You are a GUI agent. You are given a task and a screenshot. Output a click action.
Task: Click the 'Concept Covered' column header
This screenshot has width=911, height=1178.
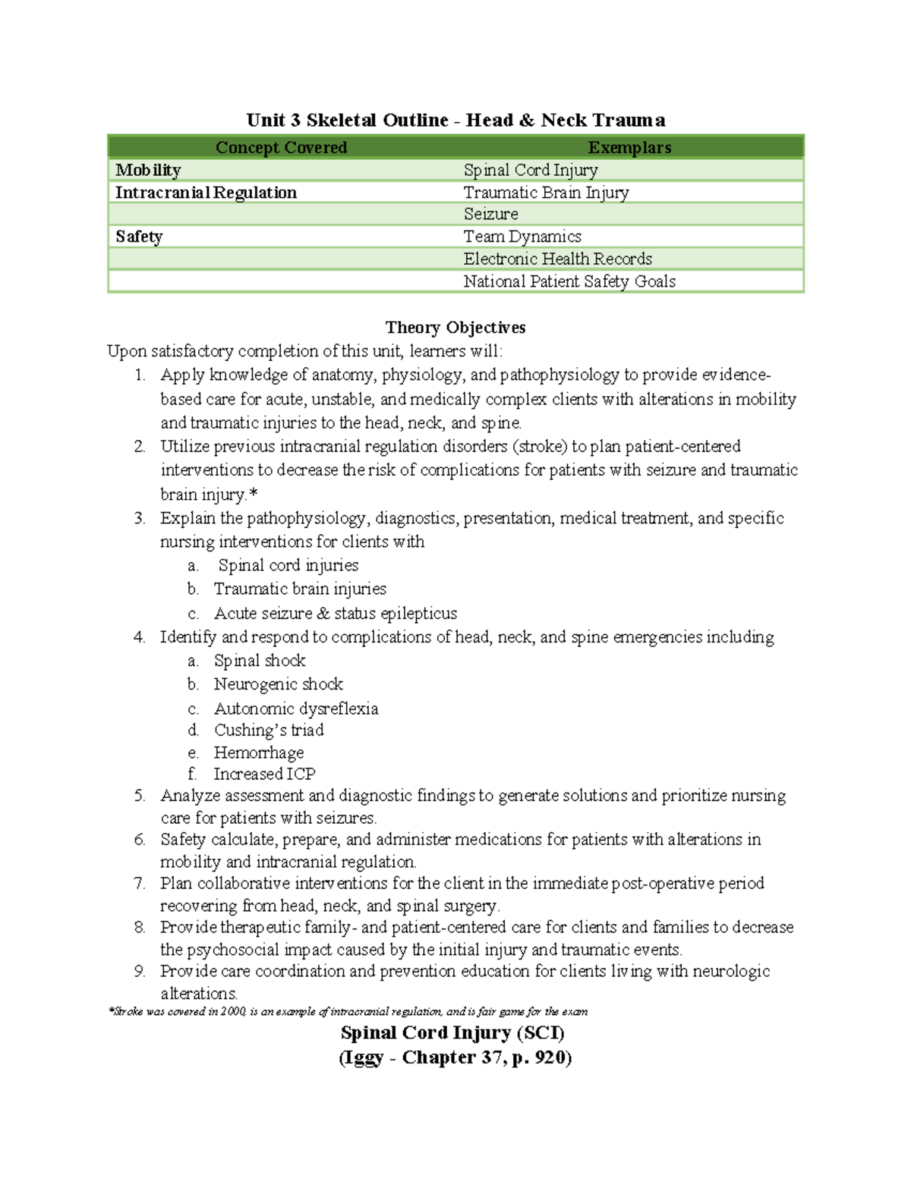pos(281,148)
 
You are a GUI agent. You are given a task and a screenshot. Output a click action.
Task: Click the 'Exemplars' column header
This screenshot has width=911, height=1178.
pos(629,148)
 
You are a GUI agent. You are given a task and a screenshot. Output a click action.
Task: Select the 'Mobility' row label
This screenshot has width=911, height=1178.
pos(148,170)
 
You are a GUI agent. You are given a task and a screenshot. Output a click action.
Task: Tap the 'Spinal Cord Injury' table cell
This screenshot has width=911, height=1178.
pos(531,170)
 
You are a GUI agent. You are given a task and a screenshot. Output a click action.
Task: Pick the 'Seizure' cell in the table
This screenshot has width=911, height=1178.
pos(491,214)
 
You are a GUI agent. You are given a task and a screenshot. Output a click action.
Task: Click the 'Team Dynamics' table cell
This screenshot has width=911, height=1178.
pos(522,237)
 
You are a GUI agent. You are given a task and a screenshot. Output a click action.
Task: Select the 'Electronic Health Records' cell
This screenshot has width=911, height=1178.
pos(558,259)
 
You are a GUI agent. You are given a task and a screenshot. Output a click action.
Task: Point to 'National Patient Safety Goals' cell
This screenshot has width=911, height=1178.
pos(569,281)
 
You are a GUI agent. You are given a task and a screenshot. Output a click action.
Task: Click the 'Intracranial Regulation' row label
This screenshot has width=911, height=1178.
pos(206,193)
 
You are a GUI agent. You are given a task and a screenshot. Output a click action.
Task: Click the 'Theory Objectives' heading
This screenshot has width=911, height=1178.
pos(455,328)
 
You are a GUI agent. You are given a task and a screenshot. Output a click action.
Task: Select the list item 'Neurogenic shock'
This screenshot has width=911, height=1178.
pos(279,684)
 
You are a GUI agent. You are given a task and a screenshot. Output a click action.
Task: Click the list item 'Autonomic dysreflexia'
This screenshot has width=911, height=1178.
pos(296,708)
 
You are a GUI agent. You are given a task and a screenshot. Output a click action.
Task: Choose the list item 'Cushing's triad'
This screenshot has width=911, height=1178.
pos(269,730)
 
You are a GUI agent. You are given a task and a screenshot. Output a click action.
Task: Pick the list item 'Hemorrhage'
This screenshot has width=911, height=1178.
pos(259,752)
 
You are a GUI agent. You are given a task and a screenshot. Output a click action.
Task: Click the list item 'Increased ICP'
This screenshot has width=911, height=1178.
pos(264,774)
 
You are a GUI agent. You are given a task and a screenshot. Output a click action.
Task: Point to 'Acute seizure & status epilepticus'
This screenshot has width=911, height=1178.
pos(336,613)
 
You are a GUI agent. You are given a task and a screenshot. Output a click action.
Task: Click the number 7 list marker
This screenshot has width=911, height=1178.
pos(139,884)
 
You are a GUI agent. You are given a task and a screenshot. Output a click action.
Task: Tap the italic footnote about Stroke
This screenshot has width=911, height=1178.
pos(348,1012)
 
